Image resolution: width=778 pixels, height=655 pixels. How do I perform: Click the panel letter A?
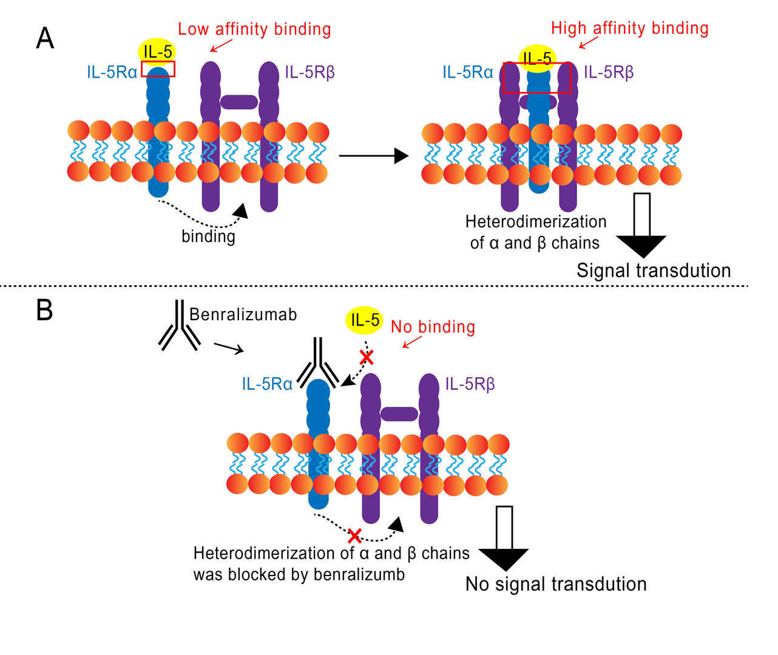[x=45, y=38]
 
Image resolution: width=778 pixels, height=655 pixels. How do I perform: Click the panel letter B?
[x=44, y=310]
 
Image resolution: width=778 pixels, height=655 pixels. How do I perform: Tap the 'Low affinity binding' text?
[x=254, y=29]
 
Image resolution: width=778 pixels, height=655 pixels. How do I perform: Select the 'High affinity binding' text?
[x=629, y=28]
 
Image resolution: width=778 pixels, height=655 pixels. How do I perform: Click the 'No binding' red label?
[x=433, y=327]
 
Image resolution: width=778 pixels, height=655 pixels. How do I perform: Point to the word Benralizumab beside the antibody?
[x=243, y=314]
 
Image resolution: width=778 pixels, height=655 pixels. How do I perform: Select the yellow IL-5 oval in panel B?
[x=365, y=320]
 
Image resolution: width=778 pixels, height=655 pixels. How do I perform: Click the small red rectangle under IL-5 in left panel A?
[x=158, y=69]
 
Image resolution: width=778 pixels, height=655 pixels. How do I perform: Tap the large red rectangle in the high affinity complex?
[x=537, y=77]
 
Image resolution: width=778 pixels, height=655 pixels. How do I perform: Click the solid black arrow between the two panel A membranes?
[x=373, y=156]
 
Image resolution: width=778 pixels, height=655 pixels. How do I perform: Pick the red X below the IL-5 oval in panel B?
[x=366, y=357]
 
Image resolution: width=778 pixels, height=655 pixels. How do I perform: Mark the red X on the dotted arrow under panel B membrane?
[x=354, y=536]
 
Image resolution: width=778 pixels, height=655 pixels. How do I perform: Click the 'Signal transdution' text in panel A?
[x=654, y=270]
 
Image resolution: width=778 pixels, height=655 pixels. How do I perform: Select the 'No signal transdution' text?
[x=556, y=584]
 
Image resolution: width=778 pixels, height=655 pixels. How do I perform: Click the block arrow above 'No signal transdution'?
[x=504, y=539]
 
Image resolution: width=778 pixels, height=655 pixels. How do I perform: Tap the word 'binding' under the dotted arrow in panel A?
[x=208, y=235]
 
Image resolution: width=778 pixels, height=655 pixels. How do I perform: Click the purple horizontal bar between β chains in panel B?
[x=399, y=414]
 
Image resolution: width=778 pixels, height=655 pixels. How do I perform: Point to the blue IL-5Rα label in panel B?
[x=267, y=384]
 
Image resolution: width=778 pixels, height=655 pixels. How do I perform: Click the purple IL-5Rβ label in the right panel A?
[x=609, y=73]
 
